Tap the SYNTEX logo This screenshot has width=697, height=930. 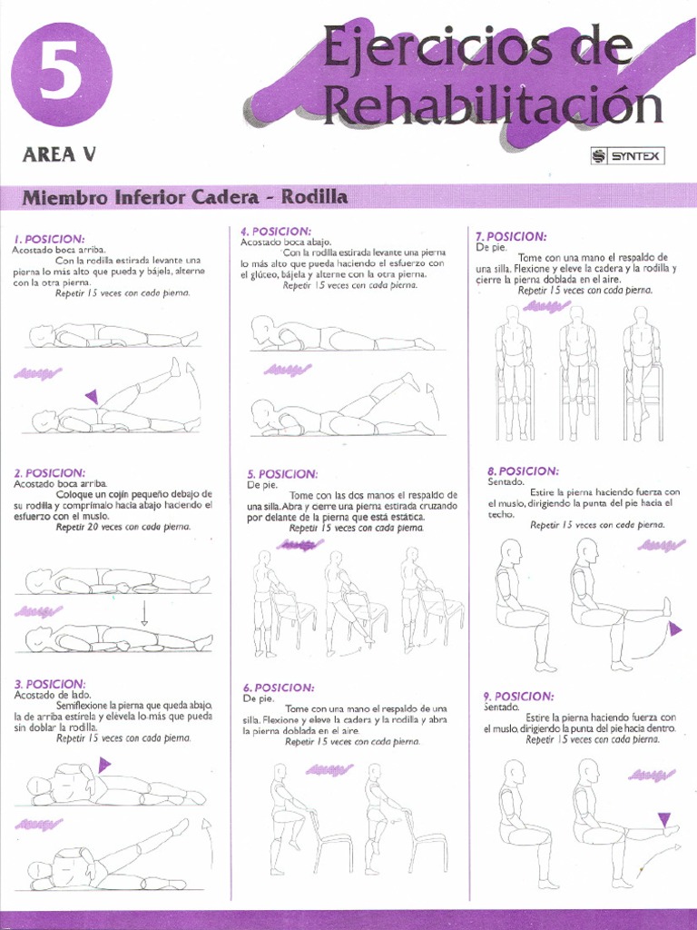coord(627,156)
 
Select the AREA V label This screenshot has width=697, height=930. coord(58,153)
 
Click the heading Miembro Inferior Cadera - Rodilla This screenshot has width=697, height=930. coord(184,197)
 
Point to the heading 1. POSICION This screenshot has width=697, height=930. coord(49,238)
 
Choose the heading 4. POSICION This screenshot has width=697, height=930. coord(276,232)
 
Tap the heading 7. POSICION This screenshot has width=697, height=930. coord(511,236)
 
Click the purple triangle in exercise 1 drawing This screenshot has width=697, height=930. coord(91,396)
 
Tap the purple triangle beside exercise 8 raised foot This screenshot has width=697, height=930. coord(674,628)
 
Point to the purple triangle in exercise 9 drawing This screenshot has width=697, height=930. coord(663,819)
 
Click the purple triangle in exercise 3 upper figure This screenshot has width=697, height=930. coord(103,765)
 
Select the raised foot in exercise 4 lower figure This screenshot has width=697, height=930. coord(411,381)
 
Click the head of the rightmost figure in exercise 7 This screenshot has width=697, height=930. coord(641,313)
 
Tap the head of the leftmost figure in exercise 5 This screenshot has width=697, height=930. coord(264,556)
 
